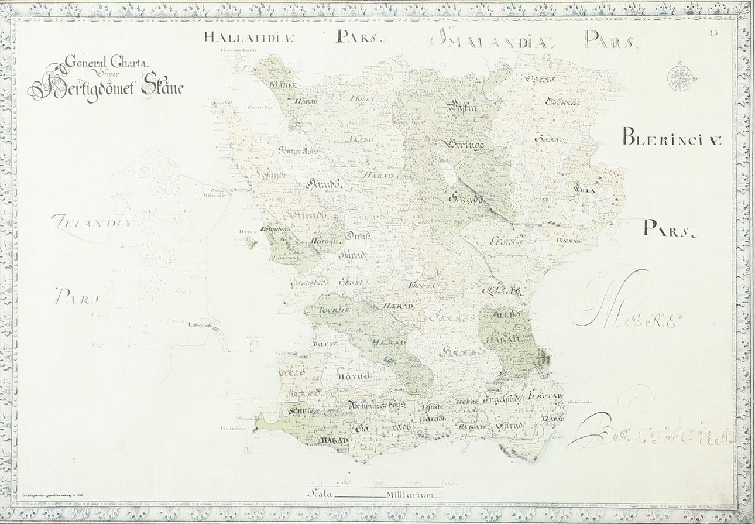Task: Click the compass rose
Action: [x=680, y=77]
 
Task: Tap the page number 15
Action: [x=713, y=33]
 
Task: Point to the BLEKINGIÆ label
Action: [x=672, y=139]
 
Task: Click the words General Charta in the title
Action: [x=99, y=61]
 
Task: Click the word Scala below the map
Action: [x=320, y=494]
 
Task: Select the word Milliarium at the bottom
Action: [x=409, y=494]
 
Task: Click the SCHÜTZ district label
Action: [x=301, y=410]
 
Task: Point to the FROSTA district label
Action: [x=423, y=285]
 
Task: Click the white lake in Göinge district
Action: [x=448, y=174]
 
